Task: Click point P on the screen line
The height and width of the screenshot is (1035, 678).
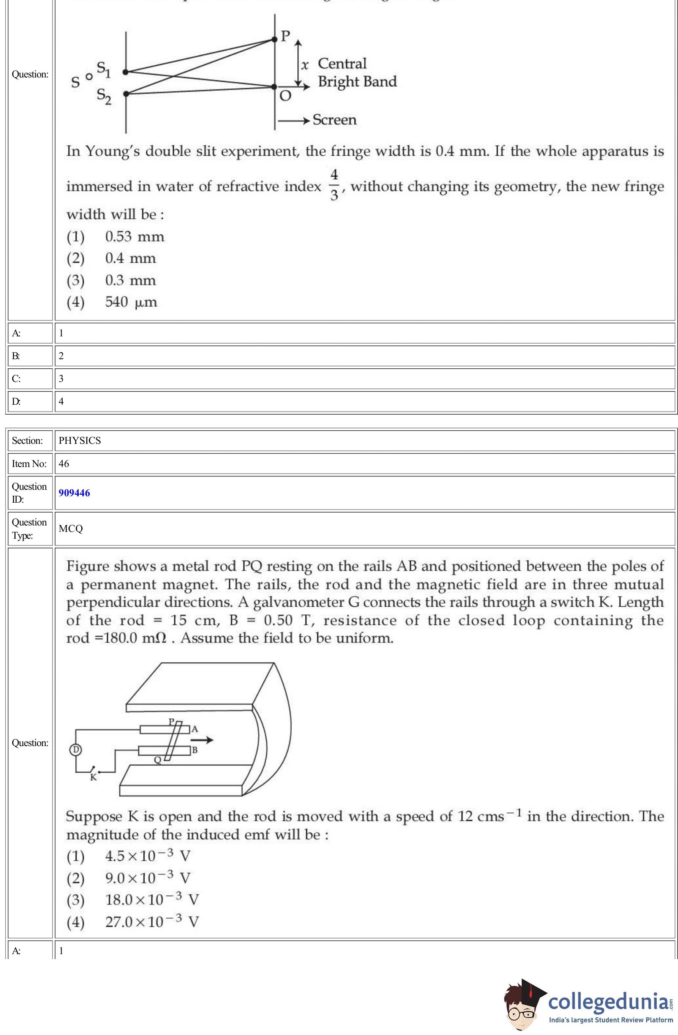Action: pos(275,39)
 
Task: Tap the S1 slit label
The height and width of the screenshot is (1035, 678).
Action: pos(103,69)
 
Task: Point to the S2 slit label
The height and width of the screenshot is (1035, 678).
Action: pos(104,96)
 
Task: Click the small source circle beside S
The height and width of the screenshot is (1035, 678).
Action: pos(89,77)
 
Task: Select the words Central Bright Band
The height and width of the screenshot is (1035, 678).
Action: pos(357,73)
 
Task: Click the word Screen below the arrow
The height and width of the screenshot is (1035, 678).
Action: pos(334,120)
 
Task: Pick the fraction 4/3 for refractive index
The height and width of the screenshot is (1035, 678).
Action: pos(334,185)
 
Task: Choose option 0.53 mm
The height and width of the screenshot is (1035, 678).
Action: pos(134,237)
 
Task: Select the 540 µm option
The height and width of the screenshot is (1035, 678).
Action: pos(131,302)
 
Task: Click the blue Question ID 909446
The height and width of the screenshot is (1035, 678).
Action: pos(74,493)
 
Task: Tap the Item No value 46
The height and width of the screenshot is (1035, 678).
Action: pos(64,464)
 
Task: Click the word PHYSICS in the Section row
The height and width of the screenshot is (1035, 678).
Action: pos(80,440)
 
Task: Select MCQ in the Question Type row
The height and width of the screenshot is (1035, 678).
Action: pos(71,529)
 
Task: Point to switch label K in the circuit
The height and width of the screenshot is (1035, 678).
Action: pos(93,777)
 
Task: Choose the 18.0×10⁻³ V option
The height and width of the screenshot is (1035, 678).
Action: pos(152,899)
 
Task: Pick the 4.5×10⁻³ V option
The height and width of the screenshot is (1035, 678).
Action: pos(147,856)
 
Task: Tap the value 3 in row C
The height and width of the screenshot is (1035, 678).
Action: pos(62,378)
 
